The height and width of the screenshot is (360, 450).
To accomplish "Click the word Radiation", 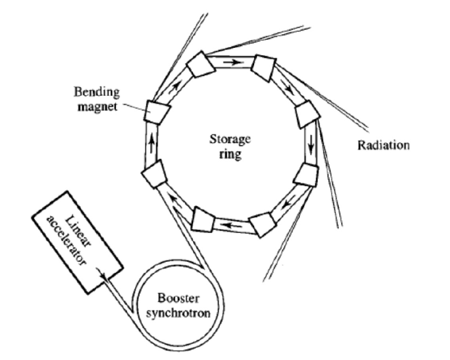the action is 383,145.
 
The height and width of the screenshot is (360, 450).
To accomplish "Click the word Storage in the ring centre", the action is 230,140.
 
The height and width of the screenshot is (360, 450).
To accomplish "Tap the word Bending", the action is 97,92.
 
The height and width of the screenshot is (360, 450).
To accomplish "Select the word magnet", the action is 97,107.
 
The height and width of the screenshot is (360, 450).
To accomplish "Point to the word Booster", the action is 179,298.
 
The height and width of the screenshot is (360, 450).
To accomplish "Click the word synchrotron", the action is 179,313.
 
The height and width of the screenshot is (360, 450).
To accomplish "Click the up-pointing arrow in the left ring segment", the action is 152,143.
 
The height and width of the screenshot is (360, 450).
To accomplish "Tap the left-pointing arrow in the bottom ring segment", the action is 232,226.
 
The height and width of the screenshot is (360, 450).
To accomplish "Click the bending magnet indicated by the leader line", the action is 157,111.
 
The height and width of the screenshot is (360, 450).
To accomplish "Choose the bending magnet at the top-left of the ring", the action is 201,65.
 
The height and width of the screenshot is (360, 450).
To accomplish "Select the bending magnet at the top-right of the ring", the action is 264,67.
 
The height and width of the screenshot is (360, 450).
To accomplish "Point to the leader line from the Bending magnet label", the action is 135,107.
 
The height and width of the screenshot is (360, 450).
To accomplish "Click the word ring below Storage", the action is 230,155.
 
